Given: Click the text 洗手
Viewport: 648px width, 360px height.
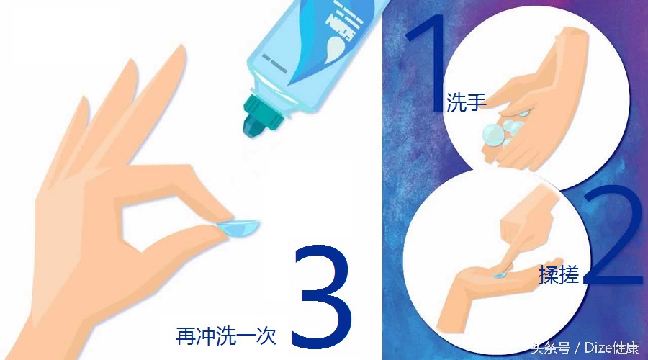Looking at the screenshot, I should pyautogui.click(x=467, y=102).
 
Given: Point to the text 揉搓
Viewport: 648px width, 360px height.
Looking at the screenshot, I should pyautogui.click(x=559, y=275).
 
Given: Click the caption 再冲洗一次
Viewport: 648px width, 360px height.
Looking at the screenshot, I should pyautogui.click(x=226, y=336).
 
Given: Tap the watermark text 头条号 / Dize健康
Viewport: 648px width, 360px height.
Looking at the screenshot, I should pyautogui.click(x=584, y=349).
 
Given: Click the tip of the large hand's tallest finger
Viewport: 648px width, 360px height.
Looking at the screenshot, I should pyautogui.click(x=131, y=64).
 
